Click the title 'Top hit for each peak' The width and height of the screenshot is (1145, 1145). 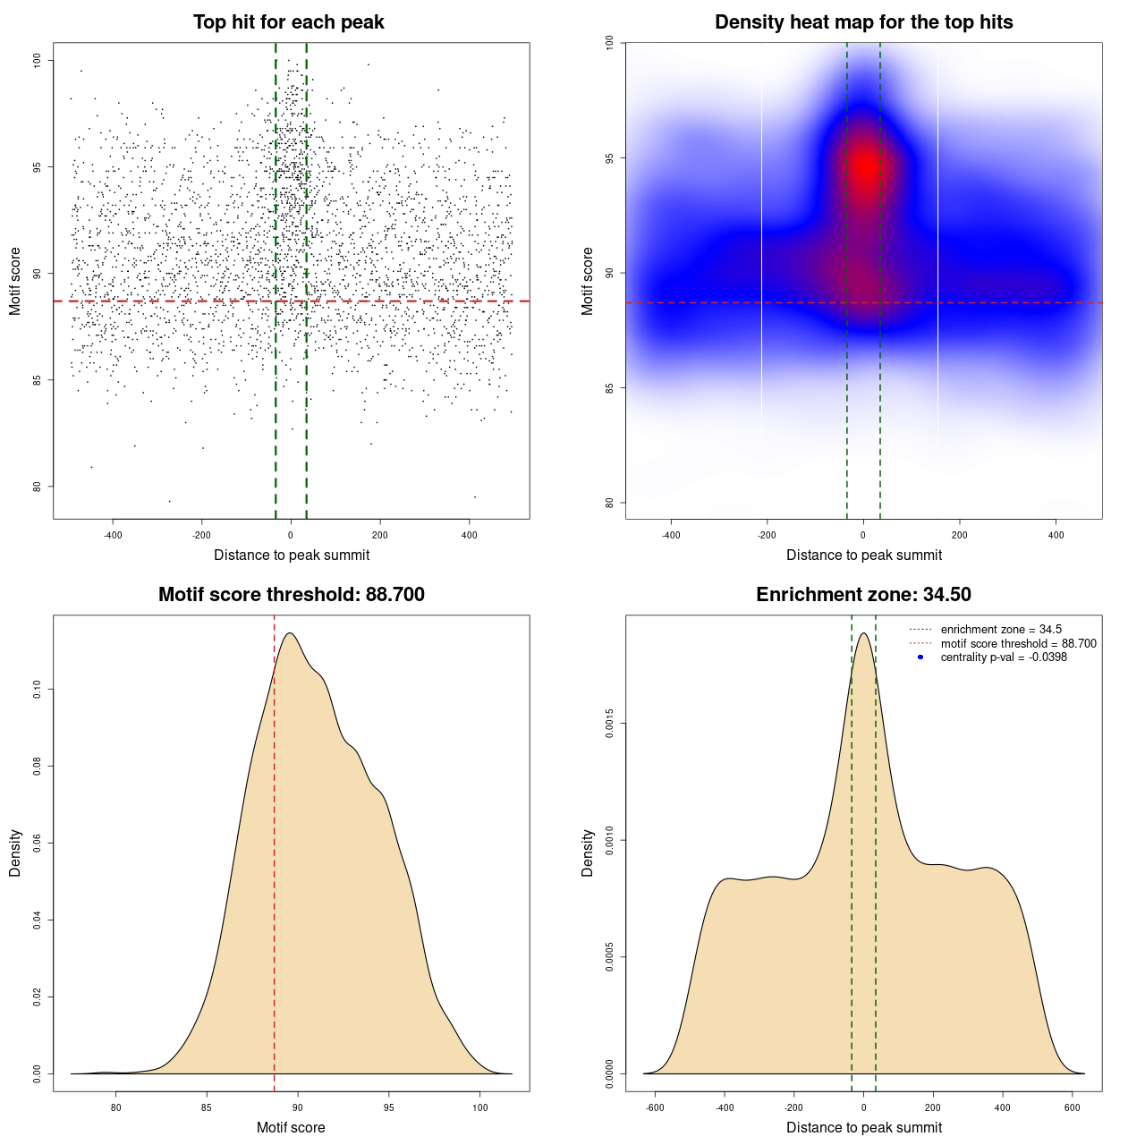288,22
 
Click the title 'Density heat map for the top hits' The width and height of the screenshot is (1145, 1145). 863,22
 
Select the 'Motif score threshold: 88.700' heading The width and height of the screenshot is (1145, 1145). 291,595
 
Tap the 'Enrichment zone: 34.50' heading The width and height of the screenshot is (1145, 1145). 863,595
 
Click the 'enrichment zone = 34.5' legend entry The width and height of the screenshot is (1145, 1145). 1001,630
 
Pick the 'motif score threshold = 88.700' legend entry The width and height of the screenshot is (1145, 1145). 1018,643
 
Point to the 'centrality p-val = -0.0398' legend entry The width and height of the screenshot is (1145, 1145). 1004,657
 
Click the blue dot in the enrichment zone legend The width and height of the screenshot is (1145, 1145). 920,657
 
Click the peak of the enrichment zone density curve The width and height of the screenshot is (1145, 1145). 863,633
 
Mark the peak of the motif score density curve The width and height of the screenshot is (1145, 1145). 289,633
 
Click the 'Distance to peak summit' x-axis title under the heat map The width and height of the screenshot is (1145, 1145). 863,556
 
